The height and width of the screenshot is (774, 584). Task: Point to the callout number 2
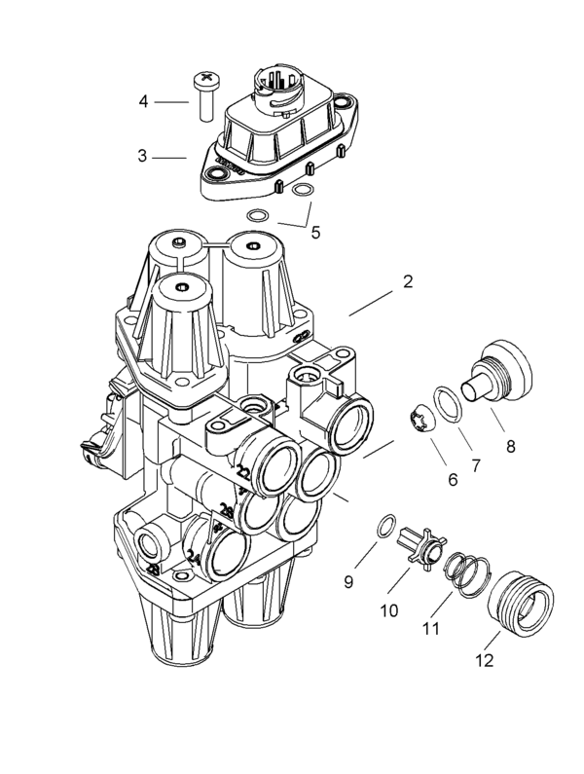(407, 282)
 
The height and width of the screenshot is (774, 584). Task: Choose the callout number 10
(389, 610)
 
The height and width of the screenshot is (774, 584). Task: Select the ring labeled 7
(448, 402)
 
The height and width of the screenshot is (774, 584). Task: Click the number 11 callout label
(430, 628)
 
